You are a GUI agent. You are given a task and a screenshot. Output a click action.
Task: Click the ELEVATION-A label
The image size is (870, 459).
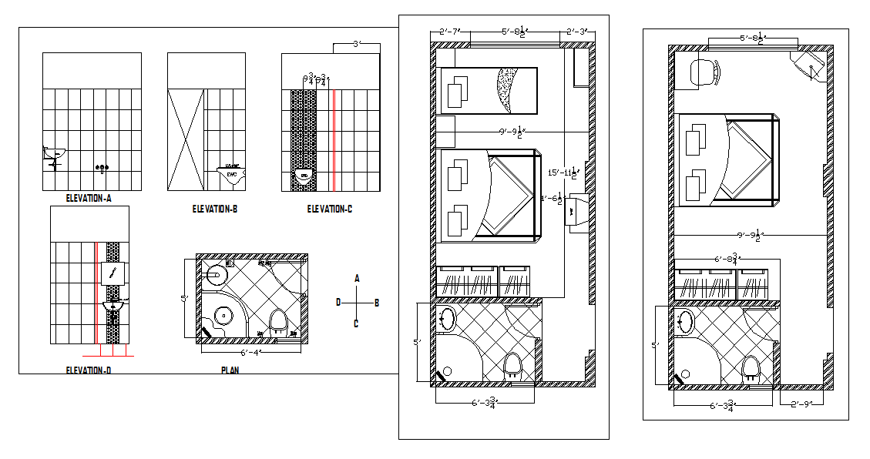click(89, 199)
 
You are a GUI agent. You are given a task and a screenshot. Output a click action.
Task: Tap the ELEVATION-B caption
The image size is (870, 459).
click(214, 209)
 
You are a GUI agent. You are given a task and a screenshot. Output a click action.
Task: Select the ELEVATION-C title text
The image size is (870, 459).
click(330, 209)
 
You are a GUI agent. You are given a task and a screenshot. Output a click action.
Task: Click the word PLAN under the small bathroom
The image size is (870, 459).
click(230, 370)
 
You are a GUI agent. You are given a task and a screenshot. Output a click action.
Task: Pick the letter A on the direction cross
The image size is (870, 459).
click(357, 277)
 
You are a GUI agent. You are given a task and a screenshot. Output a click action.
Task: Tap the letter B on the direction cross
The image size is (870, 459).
click(376, 303)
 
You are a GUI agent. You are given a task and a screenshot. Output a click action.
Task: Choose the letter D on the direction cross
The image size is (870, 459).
click(338, 303)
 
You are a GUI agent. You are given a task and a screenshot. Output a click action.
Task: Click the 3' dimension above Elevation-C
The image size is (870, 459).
click(356, 45)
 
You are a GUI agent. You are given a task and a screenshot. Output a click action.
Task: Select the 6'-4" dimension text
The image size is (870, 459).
click(250, 353)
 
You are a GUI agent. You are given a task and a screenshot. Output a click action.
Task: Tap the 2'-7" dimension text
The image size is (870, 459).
click(449, 32)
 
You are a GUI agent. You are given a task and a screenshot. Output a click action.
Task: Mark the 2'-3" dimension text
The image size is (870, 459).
click(576, 32)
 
